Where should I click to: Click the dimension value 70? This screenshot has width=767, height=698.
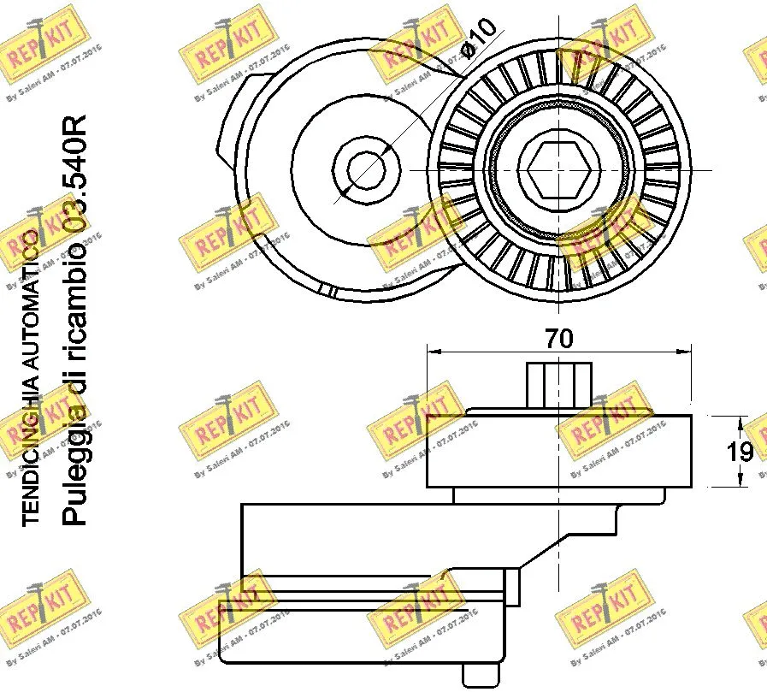click(x=559, y=338)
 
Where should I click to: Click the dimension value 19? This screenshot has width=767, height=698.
click(x=740, y=452)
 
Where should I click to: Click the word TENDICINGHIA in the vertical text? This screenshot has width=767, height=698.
click(x=29, y=446)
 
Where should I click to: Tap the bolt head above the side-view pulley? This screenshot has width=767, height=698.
click(x=559, y=384)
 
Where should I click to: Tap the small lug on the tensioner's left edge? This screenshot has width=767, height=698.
click(x=224, y=158)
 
